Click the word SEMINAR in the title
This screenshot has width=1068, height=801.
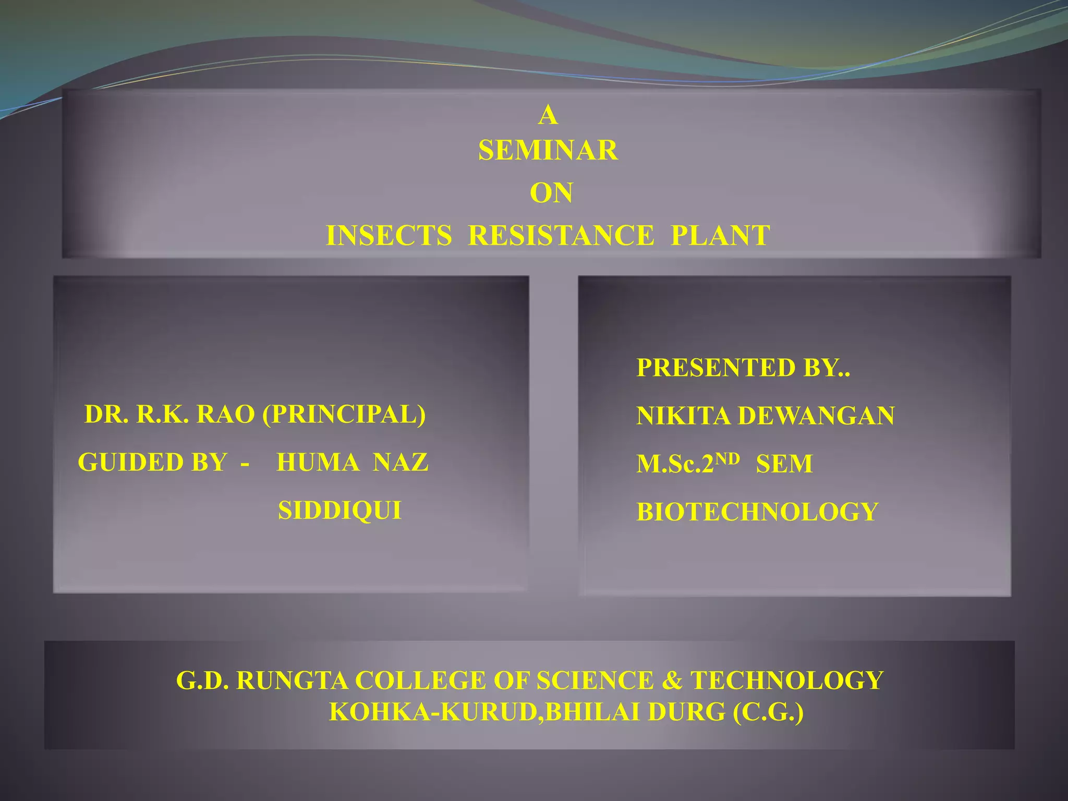[x=548, y=151]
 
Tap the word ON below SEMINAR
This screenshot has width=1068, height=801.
[x=551, y=193]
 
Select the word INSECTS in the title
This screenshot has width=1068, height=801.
[x=389, y=236]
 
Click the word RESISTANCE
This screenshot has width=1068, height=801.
[x=561, y=236]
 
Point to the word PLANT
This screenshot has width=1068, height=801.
[x=720, y=236]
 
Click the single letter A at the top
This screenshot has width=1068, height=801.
[x=548, y=115]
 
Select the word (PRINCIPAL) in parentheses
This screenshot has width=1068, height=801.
[x=344, y=415]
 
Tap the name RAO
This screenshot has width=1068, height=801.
[x=226, y=415]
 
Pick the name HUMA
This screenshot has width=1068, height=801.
[x=318, y=463]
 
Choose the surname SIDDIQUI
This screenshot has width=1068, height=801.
[x=340, y=511]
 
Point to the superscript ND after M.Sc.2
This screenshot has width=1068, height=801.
[x=727, y=458]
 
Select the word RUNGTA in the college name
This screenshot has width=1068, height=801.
[x=292, y=681]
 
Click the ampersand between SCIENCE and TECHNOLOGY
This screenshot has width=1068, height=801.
[x=672, y=681]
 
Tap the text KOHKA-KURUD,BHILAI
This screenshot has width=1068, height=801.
[x=485, y=713]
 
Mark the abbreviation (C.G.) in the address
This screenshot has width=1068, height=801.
[x=768, y=713]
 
